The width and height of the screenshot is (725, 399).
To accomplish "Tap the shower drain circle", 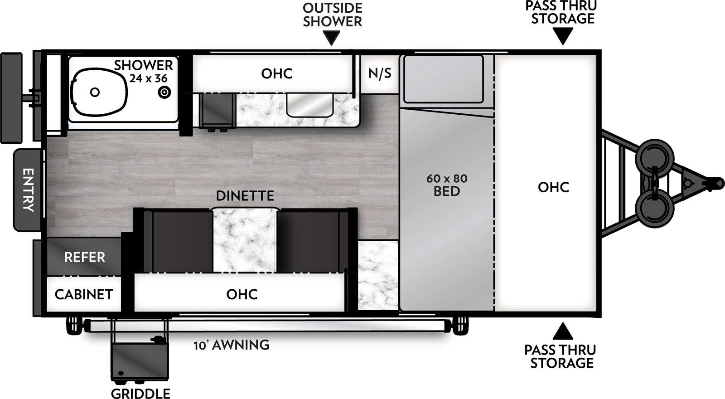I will click(x=164, y=92).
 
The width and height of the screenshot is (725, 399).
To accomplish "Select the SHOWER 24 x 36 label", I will click(x=144, y=72).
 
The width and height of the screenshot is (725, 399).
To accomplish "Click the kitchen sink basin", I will click(x=310, y=104).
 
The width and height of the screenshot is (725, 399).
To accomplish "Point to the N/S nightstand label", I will click(x=380, y=73).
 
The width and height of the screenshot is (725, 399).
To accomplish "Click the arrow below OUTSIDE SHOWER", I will click(x=332, y=38).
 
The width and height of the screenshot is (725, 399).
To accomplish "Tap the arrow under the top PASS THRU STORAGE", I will click(x=563, y=36).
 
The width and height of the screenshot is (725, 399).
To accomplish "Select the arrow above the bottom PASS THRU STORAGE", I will click(x=563, y=331).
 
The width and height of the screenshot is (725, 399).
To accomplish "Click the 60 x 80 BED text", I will click(x=447, y=185).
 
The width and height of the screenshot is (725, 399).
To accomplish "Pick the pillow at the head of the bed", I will click(x=444, y=79).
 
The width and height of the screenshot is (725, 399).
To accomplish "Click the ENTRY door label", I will click(x=28, y=190).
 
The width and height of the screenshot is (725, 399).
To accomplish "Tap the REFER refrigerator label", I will click(x=85, y=258).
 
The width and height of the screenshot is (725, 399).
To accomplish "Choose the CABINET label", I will click(x=84, y=295).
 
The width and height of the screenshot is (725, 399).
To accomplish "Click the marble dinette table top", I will click(x=245, y=240).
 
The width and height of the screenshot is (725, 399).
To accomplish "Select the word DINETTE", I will click(x=245, y=196).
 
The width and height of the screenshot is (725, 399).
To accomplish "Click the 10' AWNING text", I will click(x=232, y=345).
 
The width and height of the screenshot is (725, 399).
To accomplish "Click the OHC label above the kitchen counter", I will click(x=277, y=73).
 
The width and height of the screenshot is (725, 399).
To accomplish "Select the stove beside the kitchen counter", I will click(x=217, y=111).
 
